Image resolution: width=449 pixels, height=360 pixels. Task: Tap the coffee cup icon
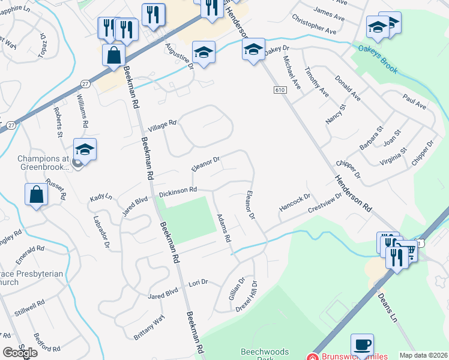(362, 345)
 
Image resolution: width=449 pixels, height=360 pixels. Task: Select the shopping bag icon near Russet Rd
(37, 195)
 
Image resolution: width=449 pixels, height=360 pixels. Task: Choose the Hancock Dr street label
(295, 203)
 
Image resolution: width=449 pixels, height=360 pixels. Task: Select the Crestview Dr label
(325, 202)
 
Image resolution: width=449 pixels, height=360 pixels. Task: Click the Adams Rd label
(223, 228)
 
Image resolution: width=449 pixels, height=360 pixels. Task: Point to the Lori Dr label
(198, 282)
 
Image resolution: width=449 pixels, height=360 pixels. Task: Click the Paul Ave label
(414, 101)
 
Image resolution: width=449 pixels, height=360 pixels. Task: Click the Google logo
(20, 353)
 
